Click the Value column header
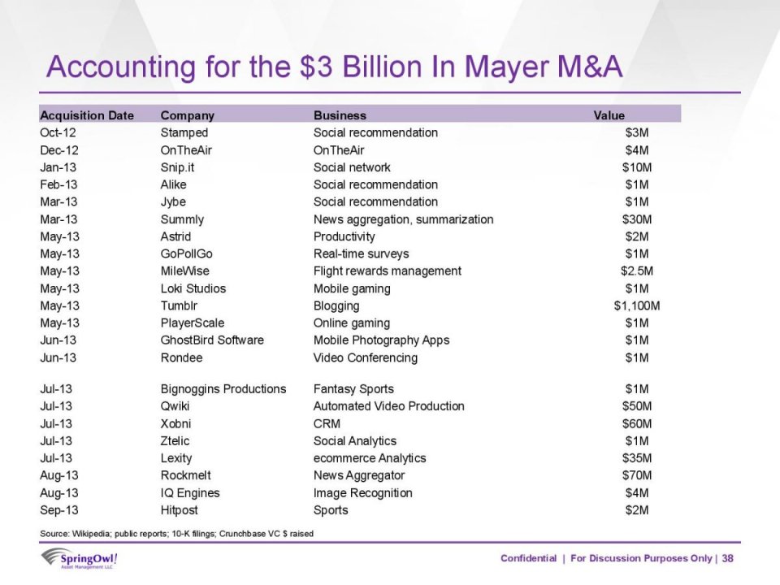609,115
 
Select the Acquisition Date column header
87,115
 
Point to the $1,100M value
636,306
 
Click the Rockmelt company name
186,475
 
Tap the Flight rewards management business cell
387,271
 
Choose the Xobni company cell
175,424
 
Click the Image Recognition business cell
362,493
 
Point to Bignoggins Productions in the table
223,389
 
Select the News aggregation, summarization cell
403,219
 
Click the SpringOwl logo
80,559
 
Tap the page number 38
727,558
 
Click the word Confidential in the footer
528,558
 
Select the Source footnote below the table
176,533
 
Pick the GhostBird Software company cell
211,340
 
